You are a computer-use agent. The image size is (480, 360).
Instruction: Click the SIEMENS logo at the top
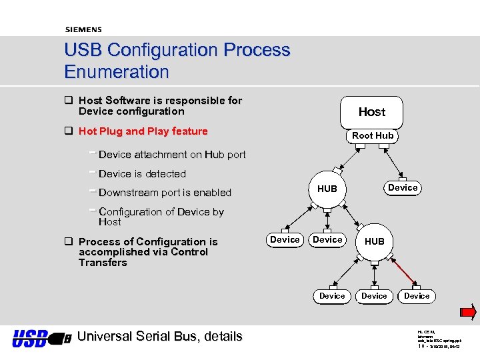(x=83, y=29)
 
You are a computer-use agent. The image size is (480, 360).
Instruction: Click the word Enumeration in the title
(x=117, y=71)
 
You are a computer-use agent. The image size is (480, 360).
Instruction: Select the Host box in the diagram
(x=371, y=112)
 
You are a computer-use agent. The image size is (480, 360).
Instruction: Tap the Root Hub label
(x=373, y=135)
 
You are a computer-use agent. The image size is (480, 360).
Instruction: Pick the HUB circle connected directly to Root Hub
(x=327, y=189)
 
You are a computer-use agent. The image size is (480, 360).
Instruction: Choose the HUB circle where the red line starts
(x=375, y=241)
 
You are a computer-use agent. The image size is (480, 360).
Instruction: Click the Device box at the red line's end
(x=417, y=295)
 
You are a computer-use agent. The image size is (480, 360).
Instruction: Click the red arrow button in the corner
(x=468, y=312)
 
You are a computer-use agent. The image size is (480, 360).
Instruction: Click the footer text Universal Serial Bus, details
(x=160, y=337)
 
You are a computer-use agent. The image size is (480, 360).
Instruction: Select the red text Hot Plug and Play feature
(x=143, y=131)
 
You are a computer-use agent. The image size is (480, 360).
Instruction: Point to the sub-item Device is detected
(x=142, y=174)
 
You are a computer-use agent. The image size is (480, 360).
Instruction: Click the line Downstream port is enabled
(x=165, y=193)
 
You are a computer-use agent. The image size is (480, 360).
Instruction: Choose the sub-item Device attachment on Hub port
(x=172, y=155)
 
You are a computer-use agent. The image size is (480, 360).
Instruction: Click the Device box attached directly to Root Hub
(x=403, y=187)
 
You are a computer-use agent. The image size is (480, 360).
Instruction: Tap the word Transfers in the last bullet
(x=103, y=263)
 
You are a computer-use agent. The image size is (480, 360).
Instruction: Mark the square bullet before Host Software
(x=68, y=101)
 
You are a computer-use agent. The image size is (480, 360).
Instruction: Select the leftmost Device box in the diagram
(x=285, y=239)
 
